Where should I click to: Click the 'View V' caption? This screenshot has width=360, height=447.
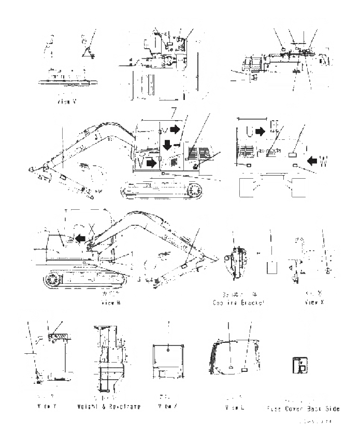pos(67,102)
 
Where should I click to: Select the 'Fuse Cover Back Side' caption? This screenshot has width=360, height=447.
pos(304,409)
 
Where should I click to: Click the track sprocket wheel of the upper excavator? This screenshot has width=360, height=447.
pos(195,192)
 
